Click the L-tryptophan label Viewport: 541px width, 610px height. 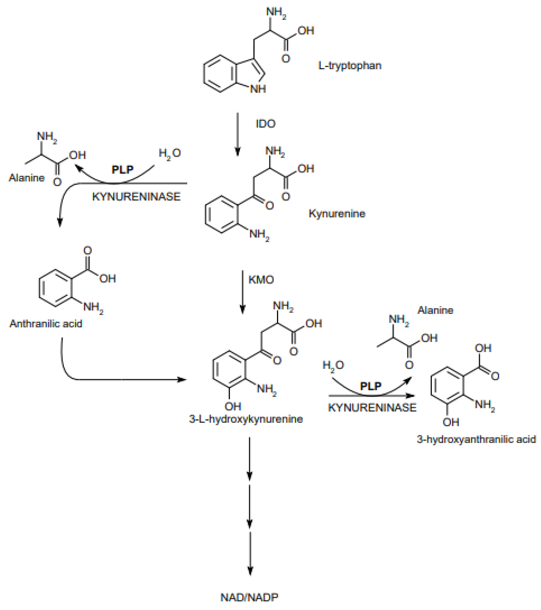[350, 66]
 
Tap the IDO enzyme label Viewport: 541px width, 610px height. [266, 124]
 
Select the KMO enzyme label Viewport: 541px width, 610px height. [261, 280]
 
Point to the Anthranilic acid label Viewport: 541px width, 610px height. [46, 324]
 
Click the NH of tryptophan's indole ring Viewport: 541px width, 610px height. [258, 89]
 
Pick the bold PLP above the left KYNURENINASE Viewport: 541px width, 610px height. [122, 170]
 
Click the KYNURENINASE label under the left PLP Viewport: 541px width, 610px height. [136, 197]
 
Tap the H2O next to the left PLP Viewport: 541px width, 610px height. [169, 153]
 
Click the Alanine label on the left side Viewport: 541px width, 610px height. [27, 178]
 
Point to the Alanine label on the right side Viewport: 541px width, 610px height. [435, 310]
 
